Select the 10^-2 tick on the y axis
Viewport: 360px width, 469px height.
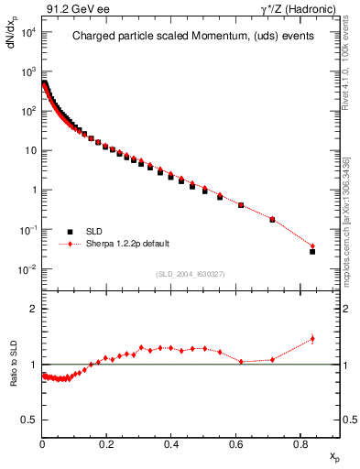point(27,269)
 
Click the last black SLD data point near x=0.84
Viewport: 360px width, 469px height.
point(312,251)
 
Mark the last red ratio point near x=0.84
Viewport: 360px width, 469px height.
point(312,339)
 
